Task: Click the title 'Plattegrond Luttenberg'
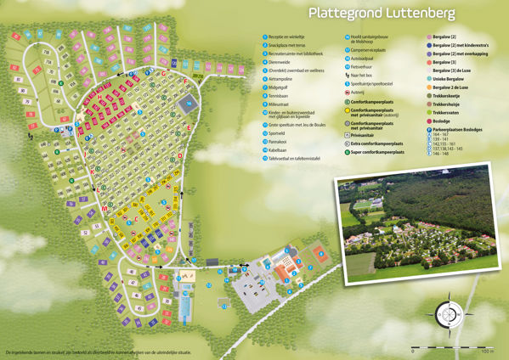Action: point(381,14)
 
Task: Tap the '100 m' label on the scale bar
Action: point(488,350)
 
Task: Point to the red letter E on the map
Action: point(189,127)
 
